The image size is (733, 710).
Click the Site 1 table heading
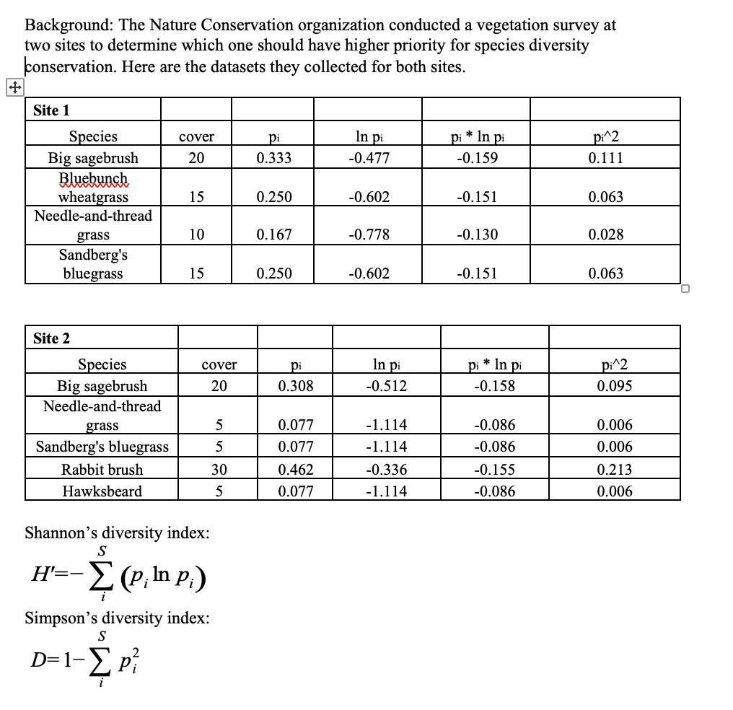coord(51,110)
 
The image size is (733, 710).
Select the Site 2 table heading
coord(51,338)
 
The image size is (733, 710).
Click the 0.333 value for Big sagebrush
coord(274,158)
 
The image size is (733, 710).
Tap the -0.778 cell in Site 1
coord(368,235)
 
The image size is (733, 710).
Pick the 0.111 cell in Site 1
coord(605,158)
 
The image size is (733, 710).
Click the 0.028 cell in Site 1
coord(605,235)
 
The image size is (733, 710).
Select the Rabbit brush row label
coord(102,470)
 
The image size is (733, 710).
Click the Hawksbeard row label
coord(102,491)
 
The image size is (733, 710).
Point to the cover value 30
coord(219,470)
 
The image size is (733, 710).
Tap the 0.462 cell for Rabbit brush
coord(296,470)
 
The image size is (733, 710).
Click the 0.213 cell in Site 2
coord(615,470)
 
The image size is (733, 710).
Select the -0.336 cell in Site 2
coord(386,470)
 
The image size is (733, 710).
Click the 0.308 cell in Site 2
coord(296,386)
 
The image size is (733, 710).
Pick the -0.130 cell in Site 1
coord(477,235)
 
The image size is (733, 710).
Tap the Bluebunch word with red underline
coord(93,178)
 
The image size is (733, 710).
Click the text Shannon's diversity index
coord(118,533)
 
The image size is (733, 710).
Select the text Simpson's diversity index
coord(118,618)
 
